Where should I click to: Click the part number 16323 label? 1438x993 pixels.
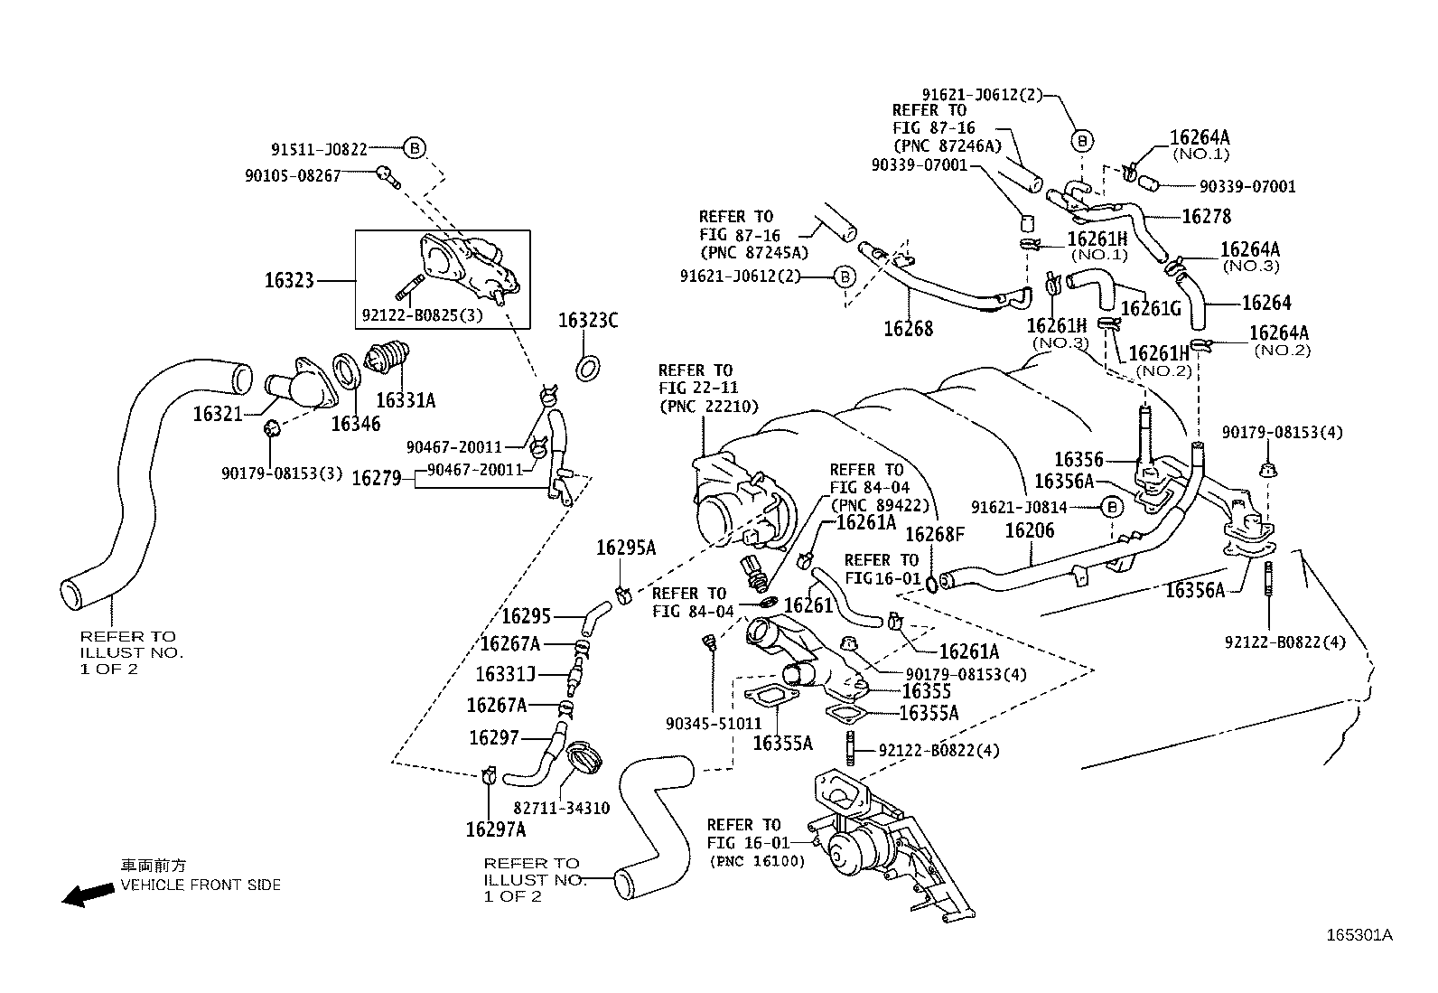coord(289,280)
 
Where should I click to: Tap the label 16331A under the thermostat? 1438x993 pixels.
coord(406,399)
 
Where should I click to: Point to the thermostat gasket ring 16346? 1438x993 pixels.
coord(344,368)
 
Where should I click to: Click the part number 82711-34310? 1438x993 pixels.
coord(561,808)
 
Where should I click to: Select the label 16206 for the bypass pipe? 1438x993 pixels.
coord(1030,530)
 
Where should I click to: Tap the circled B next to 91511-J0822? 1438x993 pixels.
coord(414,148)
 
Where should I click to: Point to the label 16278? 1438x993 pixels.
coord(1206,217)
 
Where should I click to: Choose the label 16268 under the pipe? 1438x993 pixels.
coord(908,329)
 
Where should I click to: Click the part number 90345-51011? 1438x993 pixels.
coord(714,724)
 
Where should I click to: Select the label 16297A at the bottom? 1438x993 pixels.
coord(496,829)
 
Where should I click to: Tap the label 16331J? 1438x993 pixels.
coord(506,674)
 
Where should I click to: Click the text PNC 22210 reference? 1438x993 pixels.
coord(708,407)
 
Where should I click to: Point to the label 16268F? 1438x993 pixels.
coord(935,535)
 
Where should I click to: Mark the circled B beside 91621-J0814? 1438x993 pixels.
coord(1112,508)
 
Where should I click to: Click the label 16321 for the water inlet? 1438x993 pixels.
coord(218,414)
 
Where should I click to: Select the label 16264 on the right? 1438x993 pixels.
coord(1266,304)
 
